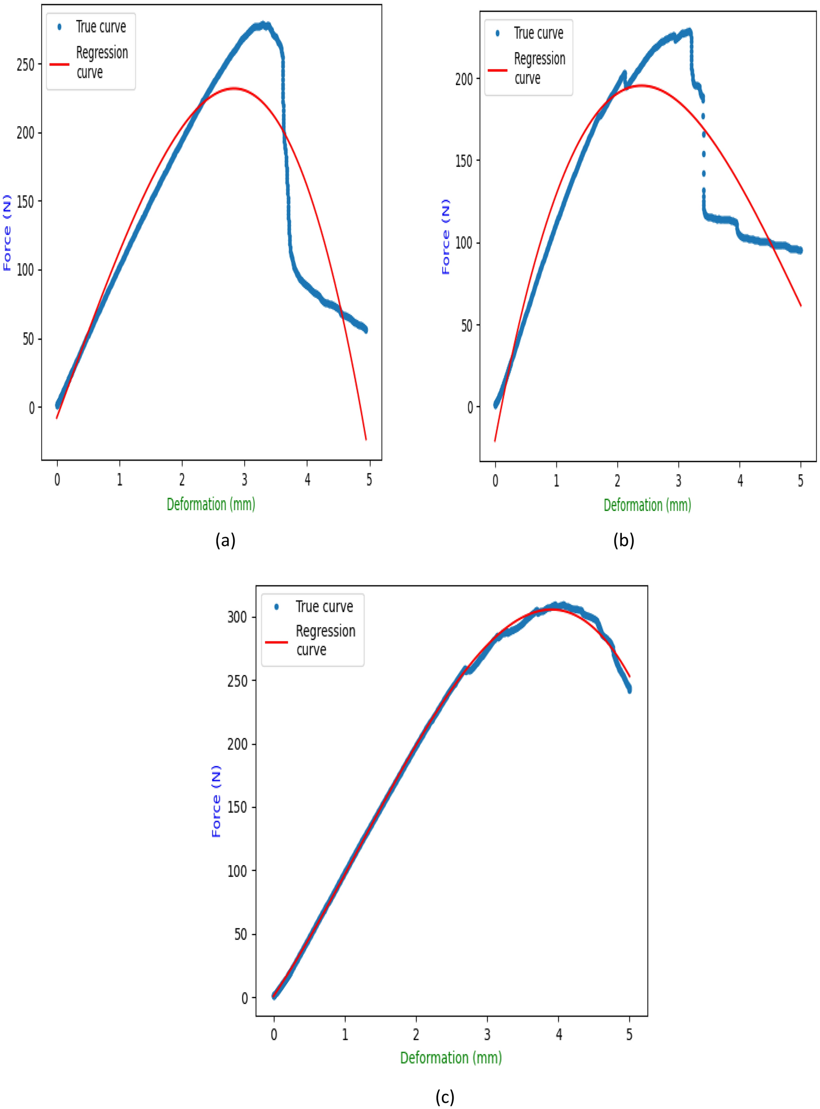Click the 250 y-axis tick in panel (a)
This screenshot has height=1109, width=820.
tap(25, 65)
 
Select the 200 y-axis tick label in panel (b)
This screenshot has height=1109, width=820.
tap(464, 79)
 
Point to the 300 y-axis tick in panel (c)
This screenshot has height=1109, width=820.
tap(237, 617)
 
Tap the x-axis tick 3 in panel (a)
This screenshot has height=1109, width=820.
tap(244, 479)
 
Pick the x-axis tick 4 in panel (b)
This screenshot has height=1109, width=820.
tap(739, 480)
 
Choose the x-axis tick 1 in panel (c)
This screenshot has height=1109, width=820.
tap(345, 1035)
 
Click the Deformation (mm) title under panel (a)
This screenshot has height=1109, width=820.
tap(211, 505)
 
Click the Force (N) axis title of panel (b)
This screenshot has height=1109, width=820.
tap(446, 236)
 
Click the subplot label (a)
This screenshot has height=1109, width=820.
tap(225, 540)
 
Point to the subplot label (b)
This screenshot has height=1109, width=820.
tap(623, 540)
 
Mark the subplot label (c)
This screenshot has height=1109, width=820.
tap(445, 1096)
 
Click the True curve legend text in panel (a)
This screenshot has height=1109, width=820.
tap(101, 27)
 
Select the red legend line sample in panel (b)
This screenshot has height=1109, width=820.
tap(497, 70)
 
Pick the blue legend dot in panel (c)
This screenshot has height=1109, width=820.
tap(276, 606)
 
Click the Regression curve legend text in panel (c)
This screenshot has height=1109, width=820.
tap(325, 640)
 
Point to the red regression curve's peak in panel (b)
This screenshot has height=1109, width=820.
tap(641, 85)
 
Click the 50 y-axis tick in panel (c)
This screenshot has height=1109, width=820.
tap(240, 934)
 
